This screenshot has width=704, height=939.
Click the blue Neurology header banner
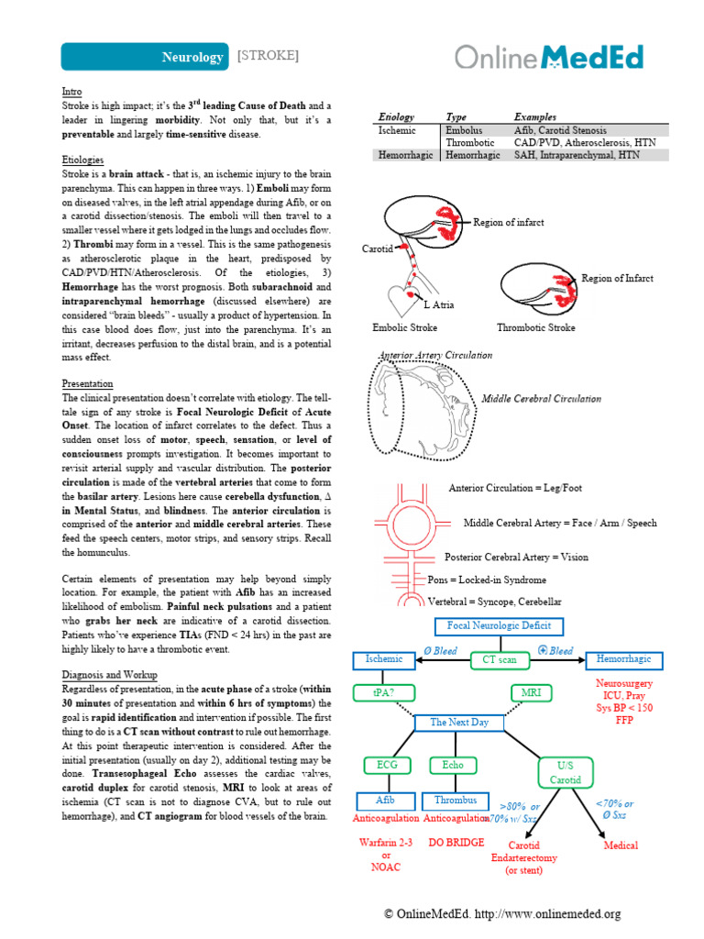point(145,57)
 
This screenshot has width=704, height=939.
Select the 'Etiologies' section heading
point(83,160)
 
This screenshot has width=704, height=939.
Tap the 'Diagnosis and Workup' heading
point(109,675)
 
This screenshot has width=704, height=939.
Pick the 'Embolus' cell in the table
point(463,131)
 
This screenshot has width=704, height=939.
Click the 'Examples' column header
point(534,117)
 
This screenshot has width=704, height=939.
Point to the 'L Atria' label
point(438,305)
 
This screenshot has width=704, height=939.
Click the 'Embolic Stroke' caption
point(404,327)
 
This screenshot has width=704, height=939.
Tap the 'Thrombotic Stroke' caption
point(536,327)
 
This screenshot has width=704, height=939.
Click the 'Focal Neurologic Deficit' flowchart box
point(500,626)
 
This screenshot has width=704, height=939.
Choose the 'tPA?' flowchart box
point(385,692)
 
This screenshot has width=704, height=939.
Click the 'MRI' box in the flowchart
point(532,692)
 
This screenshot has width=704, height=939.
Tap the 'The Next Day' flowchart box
point(459,723)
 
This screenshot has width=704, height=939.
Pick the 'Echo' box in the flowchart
point(453,765)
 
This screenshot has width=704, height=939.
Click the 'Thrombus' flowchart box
point(456,801)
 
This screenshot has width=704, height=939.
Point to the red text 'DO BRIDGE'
point(456,842)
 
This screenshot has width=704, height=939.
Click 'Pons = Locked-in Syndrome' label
point(487,580)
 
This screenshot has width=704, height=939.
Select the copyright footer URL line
point(502,914)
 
